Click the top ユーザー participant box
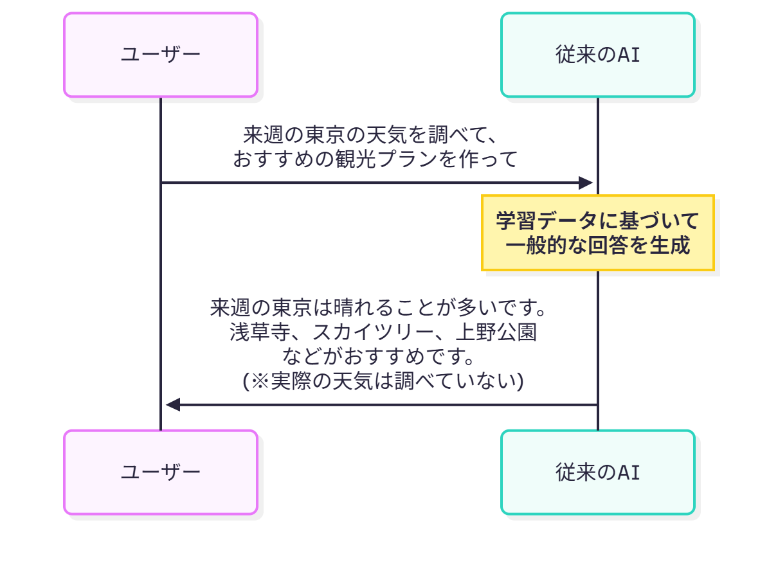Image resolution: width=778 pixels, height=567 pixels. (x=161, y=55)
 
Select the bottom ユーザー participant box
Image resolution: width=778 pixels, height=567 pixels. (x=161, y=473)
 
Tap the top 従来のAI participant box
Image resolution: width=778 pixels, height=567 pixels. (x=598, y=55)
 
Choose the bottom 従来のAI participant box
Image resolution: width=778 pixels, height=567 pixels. (x=598, y=473)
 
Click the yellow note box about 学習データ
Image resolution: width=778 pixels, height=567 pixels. (x=598, y=233)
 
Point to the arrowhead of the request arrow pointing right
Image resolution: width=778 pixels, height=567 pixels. (x=585, y=183)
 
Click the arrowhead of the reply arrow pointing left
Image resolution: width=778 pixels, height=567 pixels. (x=173, y=405)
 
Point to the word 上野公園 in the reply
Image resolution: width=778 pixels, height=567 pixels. (x=496, y=332)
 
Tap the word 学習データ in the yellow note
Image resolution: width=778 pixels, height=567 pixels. (x=547, y=221)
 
